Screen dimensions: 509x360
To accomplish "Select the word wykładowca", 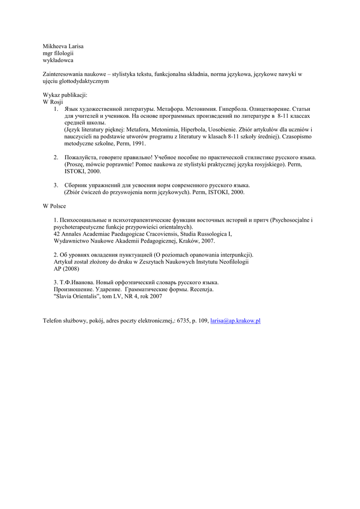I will [x=58, y=60].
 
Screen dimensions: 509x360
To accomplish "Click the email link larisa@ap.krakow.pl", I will [x=235, y=321].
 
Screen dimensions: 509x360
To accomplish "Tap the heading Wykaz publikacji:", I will [x=65, y=94].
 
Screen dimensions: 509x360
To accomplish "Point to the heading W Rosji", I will [x=53, y=101].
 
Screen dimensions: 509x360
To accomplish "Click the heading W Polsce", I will [x=54, y=206].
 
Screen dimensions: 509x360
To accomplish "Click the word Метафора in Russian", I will [x=170, y=108].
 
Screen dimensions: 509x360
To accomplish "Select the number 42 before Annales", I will [x=57, y=234].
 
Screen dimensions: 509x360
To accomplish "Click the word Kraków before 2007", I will [x=190, y=241].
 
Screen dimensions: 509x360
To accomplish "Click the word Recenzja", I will [x=202, y=289].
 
